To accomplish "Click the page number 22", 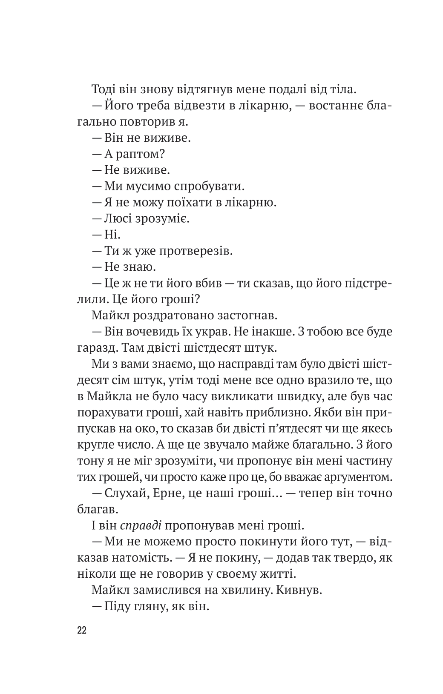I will pyautogui.click(x=82, y=630).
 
